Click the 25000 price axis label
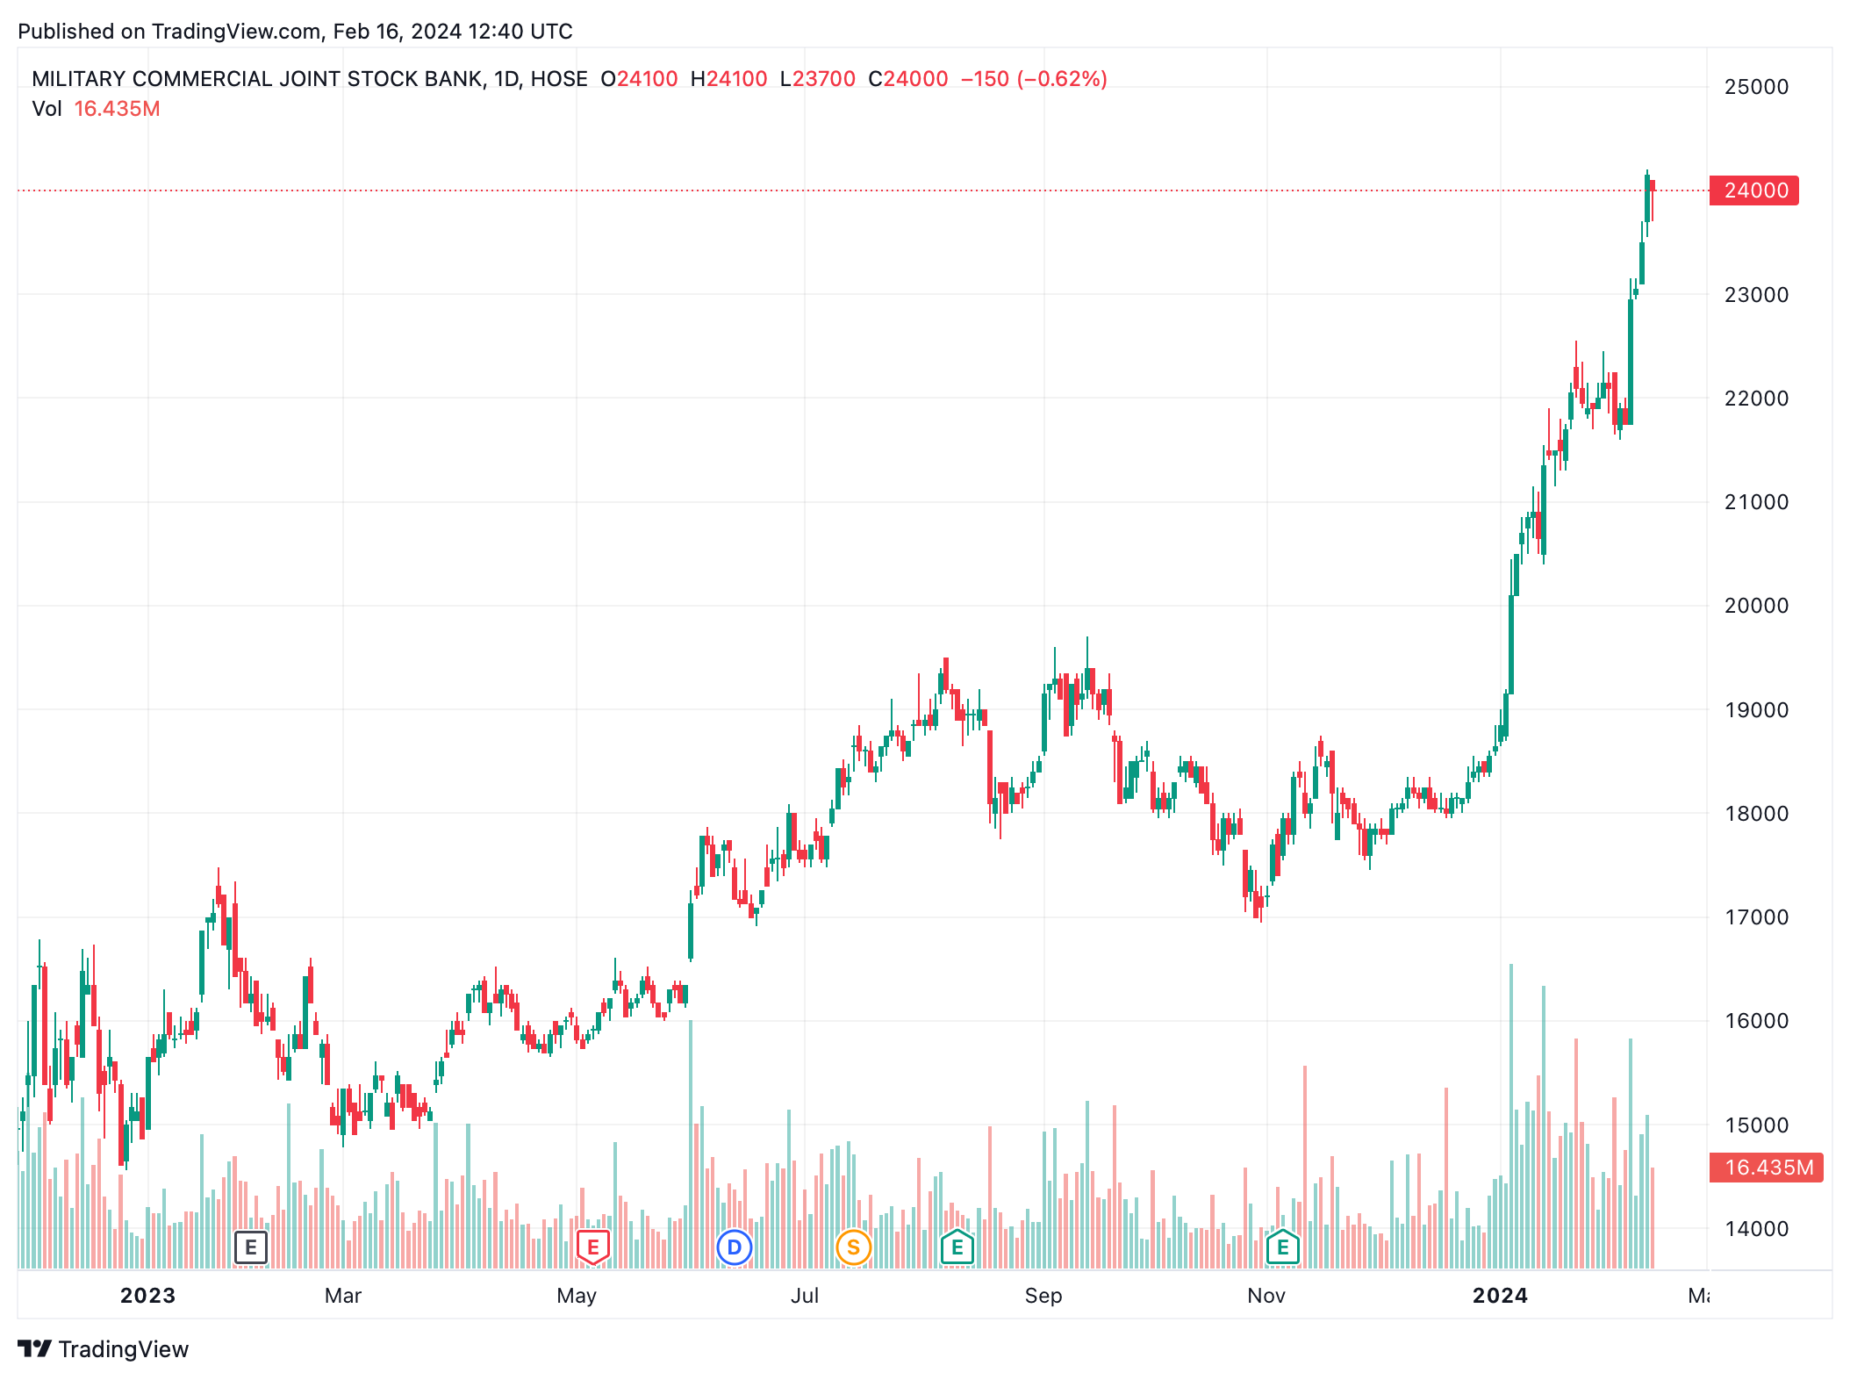[1755, 87]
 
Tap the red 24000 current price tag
[1754, 190]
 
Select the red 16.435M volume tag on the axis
[1766, 1168]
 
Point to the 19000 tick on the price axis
[1755, 710]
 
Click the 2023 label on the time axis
[147, 1296]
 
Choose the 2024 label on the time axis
[1500, 1296]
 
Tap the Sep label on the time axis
[1043, 1296]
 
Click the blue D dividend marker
[735, 1247]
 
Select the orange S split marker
[853, 1247]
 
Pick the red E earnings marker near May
[593, 1247]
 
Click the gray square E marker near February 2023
[251, 1247]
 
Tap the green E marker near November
[1283, 1247]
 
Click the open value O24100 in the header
[639, 79]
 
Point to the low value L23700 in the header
[817, 79]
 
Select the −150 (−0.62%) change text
[1034, 79]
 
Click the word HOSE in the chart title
[559, 79]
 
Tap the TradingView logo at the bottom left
[104, 1349]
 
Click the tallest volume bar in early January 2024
[1511, 1115]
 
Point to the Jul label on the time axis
[805, 1296]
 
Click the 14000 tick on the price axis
[1755, 1229]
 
